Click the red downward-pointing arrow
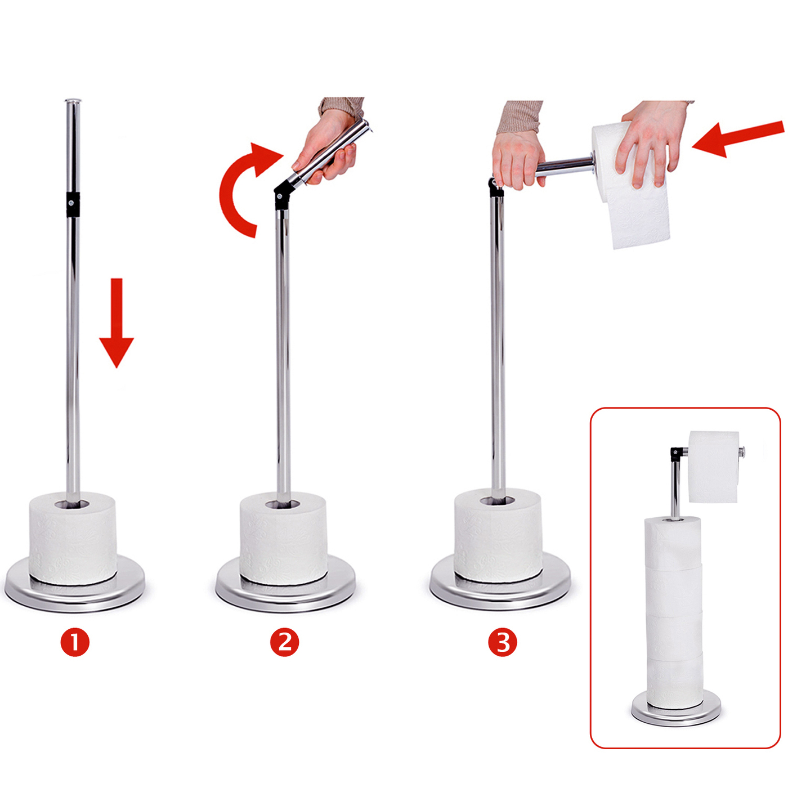point(117,323)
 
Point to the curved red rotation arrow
point(229,192)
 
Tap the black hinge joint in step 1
point(73,203)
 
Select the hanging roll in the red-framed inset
point(714,467)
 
